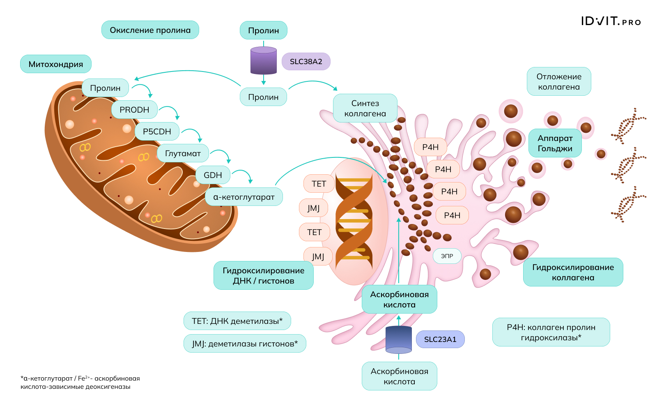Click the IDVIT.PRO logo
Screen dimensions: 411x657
(x=611, y=21)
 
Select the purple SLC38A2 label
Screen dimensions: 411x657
(x=306, y=62)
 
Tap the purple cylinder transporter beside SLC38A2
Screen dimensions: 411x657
(x=264, y=60)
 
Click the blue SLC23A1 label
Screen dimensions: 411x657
(x=440, y=339)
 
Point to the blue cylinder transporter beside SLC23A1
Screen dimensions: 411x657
(x=399, y=339)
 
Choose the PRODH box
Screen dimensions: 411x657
(x=134, y=110)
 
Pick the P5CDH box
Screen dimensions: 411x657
(x=157, y=132)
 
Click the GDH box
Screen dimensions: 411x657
(x=213, y=175)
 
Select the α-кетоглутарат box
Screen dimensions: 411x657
(x=244, y=197)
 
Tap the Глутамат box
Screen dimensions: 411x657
(x=183, y=153)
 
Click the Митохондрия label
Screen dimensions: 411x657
(x=56, y=64)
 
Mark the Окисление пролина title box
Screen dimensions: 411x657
(x=150, y=30)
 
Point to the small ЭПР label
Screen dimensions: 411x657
(x=447, y=256)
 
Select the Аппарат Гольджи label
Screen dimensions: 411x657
(x=555, y=143)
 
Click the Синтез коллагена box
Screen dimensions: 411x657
(x=365, y=108)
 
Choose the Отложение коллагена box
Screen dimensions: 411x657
(x=559, y=82)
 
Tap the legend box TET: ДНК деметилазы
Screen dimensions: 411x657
(x=237, y=321)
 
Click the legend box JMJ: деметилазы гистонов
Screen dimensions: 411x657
(x=245, y=344)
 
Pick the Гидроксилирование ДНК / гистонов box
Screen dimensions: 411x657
(x=264, y=275)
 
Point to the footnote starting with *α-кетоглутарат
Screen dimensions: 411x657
(x=80, y=382)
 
